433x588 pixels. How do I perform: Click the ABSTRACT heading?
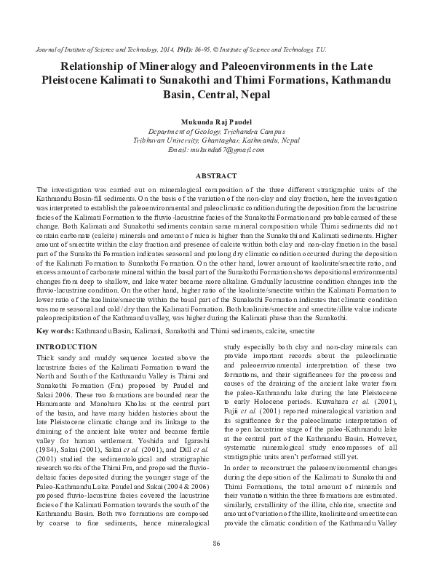(x=216, y=176)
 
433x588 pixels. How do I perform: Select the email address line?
(x=216, y=149)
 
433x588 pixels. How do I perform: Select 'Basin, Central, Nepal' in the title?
(x=216, y=95)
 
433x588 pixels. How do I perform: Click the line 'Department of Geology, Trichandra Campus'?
(x=216, y=130)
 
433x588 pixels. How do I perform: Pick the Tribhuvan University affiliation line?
(x=216, y=140)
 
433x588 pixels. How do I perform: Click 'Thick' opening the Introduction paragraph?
(x=46, y=357)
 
